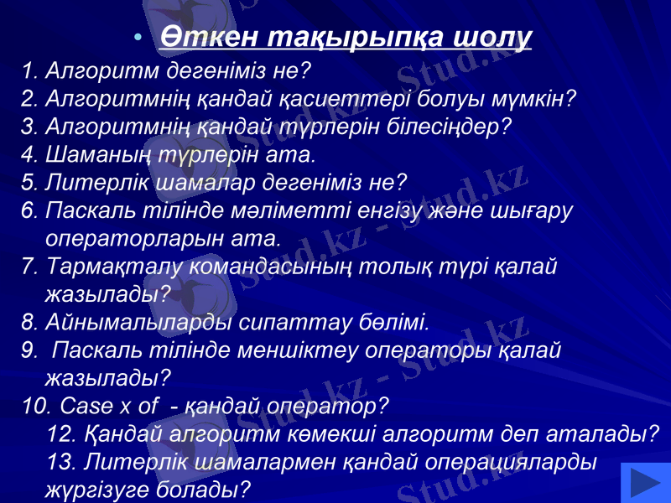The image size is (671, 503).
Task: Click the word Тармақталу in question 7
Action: tap(116, 266)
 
